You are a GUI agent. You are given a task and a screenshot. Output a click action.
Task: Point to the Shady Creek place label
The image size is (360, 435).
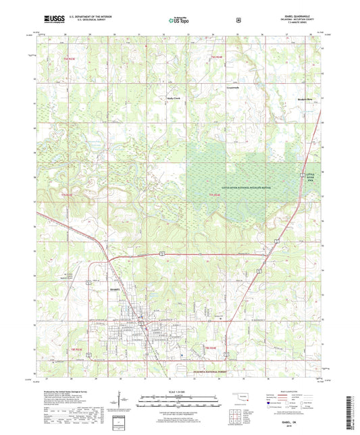174,98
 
